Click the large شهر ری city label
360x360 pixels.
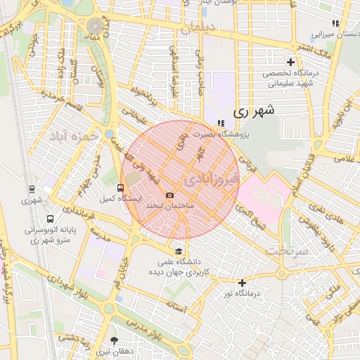252,110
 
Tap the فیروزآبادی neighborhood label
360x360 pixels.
211,181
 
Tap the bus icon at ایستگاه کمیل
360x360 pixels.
120,188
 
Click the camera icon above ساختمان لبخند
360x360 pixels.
169,195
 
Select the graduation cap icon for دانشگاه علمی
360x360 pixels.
179,252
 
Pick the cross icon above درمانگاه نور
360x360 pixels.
243,283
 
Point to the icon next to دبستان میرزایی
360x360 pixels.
335,23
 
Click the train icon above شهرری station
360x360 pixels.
32,188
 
